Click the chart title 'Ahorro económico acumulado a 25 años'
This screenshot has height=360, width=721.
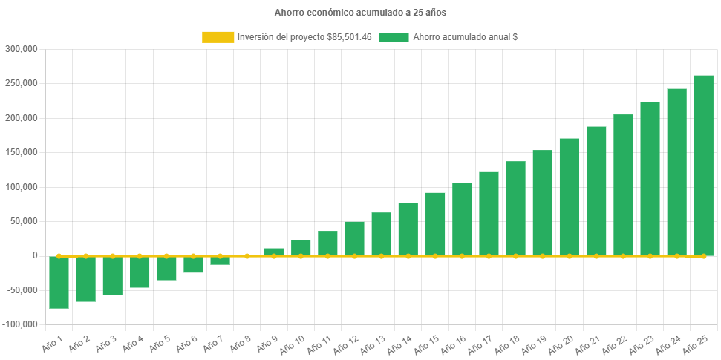coord(360,13)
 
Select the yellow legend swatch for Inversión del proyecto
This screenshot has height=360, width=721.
coord(218,37)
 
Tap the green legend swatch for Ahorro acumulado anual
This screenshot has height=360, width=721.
coord(394,37)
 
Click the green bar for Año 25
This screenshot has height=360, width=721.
coord(703,165)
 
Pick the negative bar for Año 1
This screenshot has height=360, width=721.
coord(59,282)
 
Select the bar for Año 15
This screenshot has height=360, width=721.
coord(435,223)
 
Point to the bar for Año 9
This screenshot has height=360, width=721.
coord(274,252)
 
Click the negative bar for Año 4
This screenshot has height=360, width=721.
coord(140,272)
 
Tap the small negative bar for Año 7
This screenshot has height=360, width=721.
coord(220,260)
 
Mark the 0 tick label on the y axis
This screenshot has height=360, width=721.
coord(34,255)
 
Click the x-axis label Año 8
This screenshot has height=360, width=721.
coord(239,345)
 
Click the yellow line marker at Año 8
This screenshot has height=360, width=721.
coord(247,255)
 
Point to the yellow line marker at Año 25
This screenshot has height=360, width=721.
coord(703,255)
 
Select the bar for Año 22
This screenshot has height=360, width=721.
coord(623,185)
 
